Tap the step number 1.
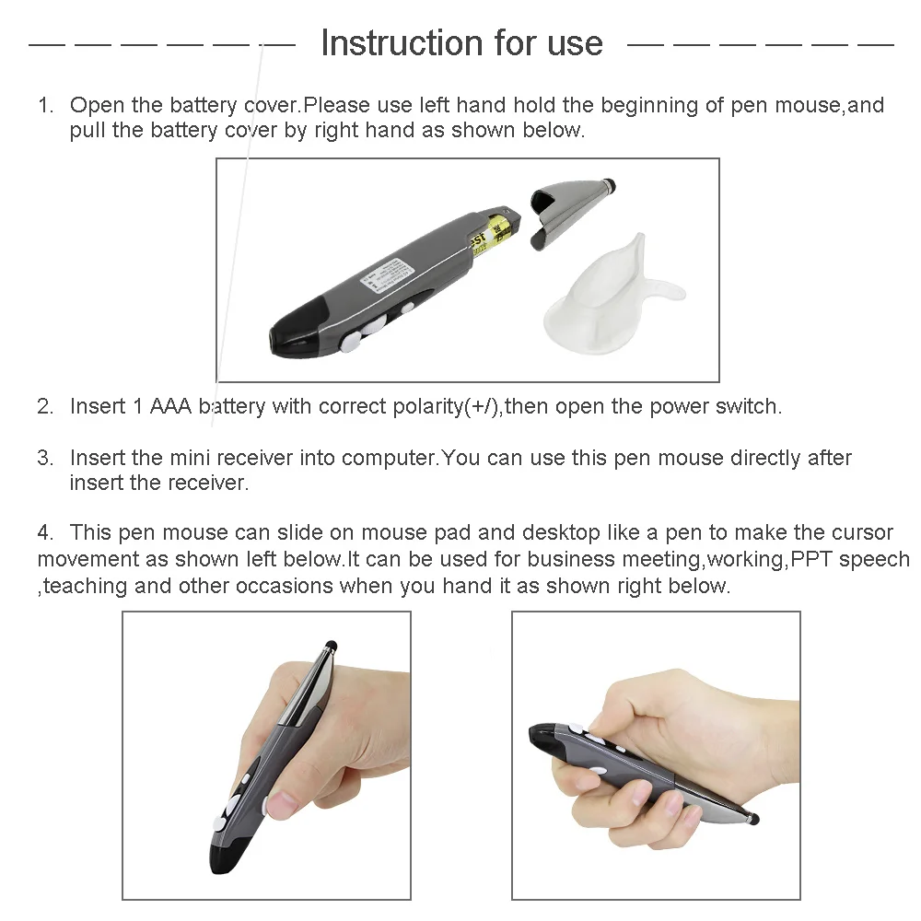pos(44,106)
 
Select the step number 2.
pos(44,406)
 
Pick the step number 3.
pos(44,458)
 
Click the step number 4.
pos(44,532)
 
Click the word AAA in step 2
pos(170,406)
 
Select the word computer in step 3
pos(389,458)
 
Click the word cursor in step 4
pos(860,532)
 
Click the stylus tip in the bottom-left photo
pos(331,645)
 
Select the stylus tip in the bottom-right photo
pos(753,818)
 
